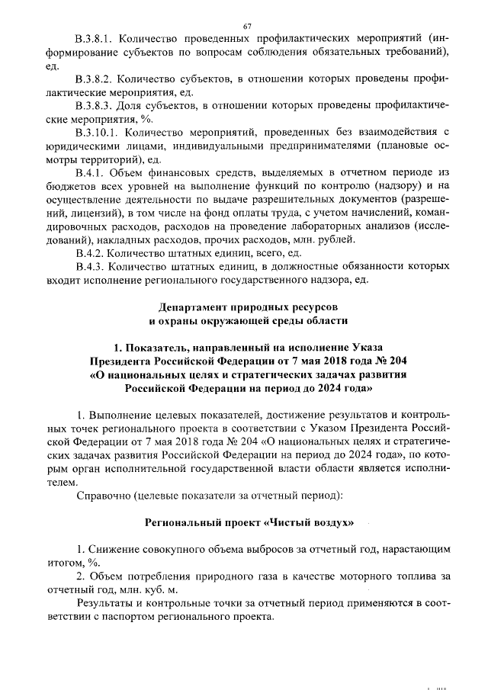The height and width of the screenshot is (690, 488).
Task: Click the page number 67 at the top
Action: pos(246,27)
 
